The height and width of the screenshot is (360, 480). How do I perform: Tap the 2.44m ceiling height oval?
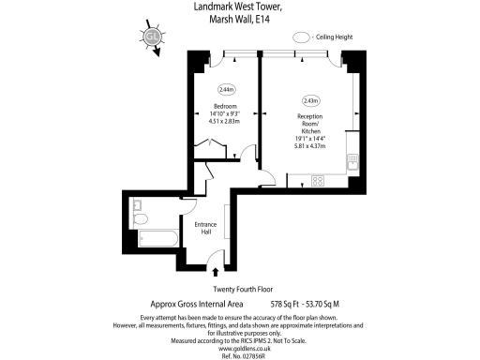226,90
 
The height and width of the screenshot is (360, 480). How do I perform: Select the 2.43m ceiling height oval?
310,100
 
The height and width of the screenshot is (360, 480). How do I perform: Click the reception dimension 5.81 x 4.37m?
310,145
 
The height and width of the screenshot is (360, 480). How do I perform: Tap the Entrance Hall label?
205,229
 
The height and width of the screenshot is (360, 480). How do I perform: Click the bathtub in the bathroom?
154,238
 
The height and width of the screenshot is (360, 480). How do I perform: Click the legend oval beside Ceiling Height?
303,37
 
